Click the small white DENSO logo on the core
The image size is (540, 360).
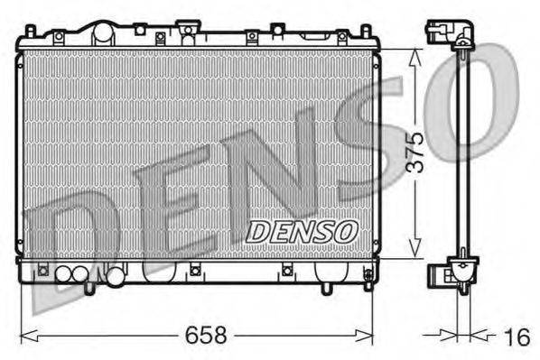pos(303,232)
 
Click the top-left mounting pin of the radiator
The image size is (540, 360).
pos(31,32)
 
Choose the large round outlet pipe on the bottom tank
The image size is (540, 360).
pos(116,277)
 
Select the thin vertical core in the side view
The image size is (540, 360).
pos(462,153)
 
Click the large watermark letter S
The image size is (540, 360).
pos(379,135)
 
